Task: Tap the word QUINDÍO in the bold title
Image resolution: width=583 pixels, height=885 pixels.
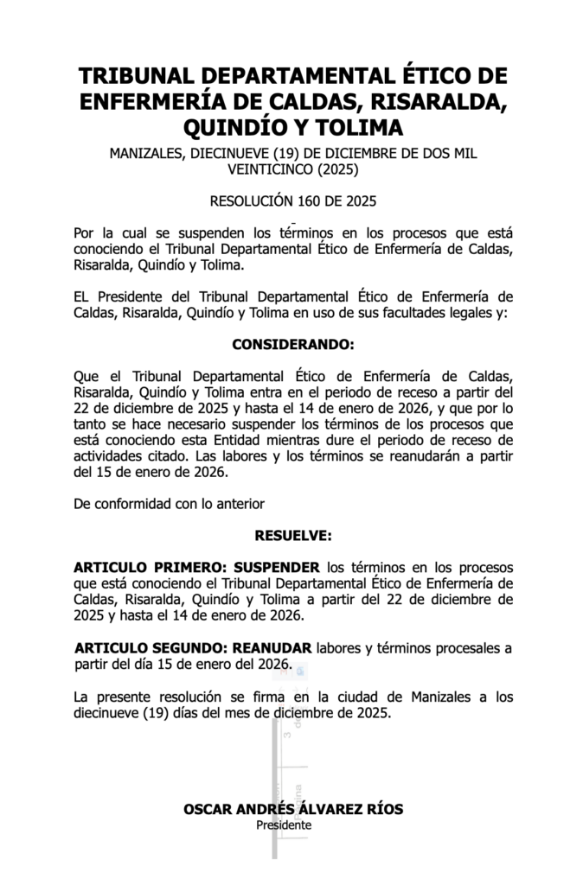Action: pos(236,128)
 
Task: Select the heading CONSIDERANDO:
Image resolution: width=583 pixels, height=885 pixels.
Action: pos(293,344)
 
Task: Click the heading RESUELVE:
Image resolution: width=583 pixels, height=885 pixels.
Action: pos(293,536)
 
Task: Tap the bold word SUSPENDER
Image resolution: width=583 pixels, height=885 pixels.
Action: pos(276,567)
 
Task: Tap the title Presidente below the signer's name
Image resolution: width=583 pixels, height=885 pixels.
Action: pos(284,825)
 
